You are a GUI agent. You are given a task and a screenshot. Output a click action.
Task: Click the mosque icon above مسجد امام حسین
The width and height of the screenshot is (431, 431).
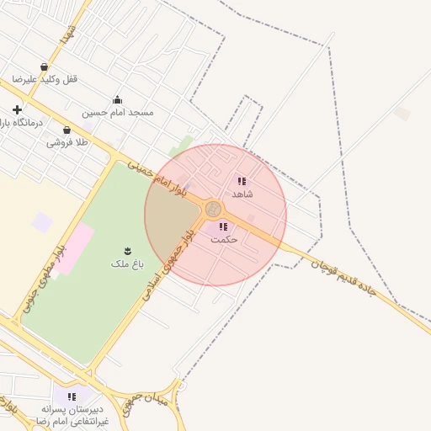pyautogui.click(x=117, y=99)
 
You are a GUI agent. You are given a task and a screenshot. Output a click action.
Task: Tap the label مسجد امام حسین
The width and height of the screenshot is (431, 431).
pyautogui.click(x=118, y=112)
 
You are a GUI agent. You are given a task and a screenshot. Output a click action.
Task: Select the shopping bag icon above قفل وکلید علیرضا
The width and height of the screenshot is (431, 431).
pyautogui.click(x=44, y=67)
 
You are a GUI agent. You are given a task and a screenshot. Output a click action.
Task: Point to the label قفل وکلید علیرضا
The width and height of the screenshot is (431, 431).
pyautogui.click(x=44, y=79)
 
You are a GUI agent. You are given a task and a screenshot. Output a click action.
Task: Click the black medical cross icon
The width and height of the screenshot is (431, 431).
pyautogui.click(x=17, y=109)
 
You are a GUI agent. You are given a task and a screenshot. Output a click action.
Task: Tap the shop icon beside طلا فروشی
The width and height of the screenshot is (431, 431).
pyautogui.click(x=67, y=130)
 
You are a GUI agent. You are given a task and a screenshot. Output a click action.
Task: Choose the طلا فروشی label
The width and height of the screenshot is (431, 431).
pyautogui.click(x=67, y=142)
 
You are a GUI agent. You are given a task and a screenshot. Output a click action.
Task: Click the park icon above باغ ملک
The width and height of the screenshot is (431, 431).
pyautogui.click(x=128, y=251)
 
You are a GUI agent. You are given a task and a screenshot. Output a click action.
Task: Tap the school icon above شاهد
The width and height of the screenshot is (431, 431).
pyautogui.click(x=242, y=181)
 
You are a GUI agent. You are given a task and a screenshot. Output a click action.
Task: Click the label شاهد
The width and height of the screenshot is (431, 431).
pyautogui.click(x=242, y=194)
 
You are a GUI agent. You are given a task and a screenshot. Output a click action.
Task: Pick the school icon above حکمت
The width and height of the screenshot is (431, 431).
pyautogui.click(x=223, y=226)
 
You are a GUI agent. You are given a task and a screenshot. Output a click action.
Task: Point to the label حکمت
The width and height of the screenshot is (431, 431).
pyautogui.click(x=224, y=239)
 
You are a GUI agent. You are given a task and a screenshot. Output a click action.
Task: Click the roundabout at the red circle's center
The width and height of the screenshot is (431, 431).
pyautogui.click(x=214, y=208)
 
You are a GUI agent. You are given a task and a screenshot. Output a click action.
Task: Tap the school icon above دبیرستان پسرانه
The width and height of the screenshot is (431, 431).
pyautogui.click(x=72, y=396)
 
